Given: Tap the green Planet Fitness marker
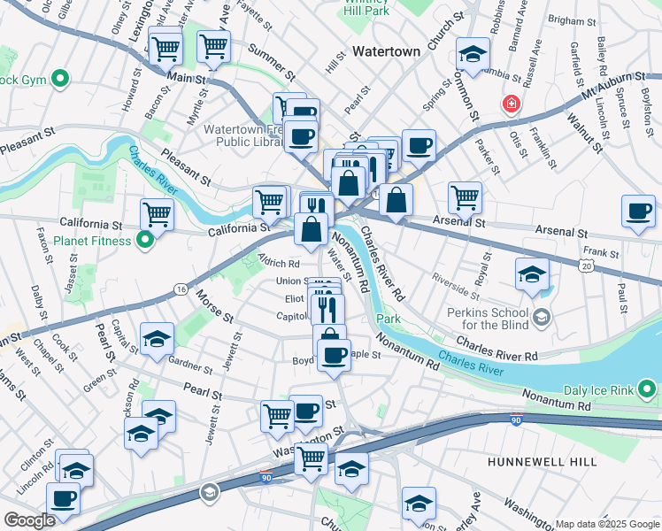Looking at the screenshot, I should (147, 239).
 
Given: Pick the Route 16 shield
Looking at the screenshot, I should (181, 289).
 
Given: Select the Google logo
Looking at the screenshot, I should (30, 520).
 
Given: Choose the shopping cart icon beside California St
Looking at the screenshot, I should (157, 213).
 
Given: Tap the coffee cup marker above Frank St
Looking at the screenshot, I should (637, 211).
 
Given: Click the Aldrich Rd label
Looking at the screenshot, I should (279, 263).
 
